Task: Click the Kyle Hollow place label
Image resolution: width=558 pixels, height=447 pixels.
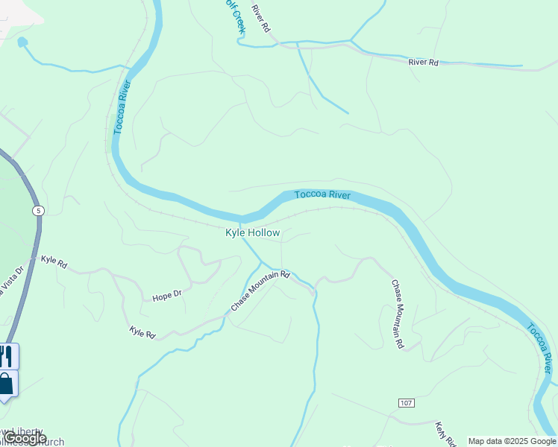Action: (253, 233)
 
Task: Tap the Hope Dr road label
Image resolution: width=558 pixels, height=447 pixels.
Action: (167, 296)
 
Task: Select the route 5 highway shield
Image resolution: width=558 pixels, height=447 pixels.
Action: (38, 212)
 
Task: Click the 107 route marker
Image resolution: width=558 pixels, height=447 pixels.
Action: (406, 403)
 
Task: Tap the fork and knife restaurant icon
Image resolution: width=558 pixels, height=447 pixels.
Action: (6, 355)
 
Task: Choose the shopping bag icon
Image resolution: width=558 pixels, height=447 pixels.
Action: (6, 384)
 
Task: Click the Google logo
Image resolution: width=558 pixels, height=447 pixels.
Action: (24, 439)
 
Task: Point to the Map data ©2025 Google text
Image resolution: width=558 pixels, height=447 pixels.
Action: (512, 441)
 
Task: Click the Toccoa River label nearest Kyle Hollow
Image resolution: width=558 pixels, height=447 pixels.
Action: (322, 195)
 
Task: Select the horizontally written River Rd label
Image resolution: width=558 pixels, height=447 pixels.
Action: (424, 63)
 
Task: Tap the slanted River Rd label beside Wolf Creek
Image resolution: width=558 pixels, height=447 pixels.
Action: (260, 19)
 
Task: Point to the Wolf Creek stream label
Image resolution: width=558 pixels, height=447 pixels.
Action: (235, 15)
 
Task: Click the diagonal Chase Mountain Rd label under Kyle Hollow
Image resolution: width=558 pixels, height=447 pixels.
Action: (260, 291)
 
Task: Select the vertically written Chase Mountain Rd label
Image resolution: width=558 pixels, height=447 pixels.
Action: (398, 314)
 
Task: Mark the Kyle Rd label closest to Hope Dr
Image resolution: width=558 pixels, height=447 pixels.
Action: (142, 332)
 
